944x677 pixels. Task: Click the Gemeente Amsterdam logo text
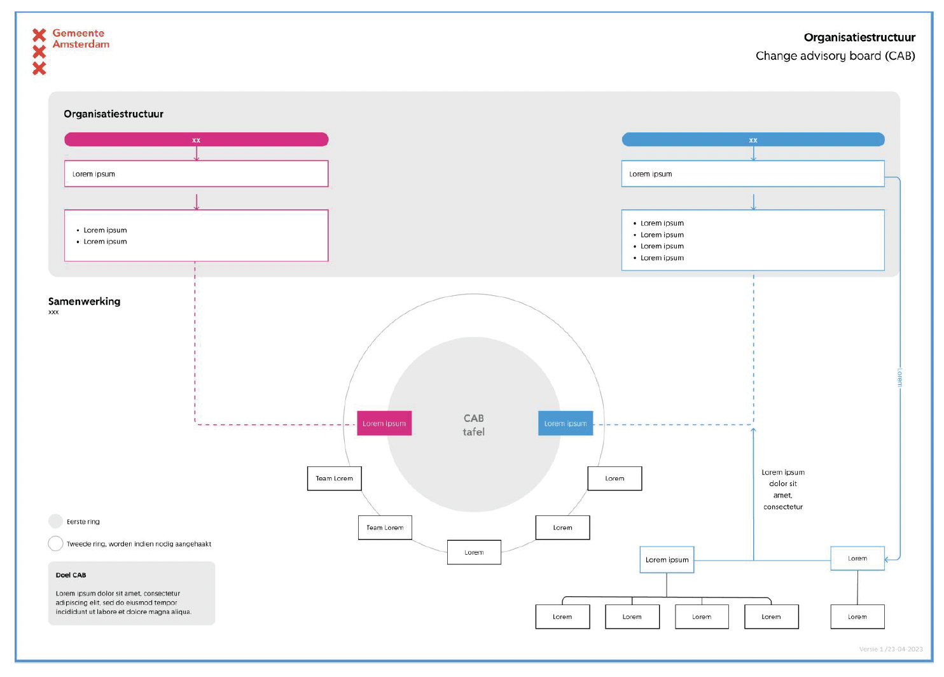[x=81, y=38]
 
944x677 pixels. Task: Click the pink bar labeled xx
[x=197, y=139]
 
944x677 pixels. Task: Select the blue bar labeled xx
[x=753, y=139]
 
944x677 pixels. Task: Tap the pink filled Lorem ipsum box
[x=384, y=423]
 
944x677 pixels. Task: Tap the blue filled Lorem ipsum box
[x=566, y=423]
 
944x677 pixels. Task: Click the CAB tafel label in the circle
[x=474, y=425]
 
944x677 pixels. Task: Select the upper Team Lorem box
[x=335, y=478]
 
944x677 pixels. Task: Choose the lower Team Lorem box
[x=385, y=527]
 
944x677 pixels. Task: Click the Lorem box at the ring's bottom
[x=474, y=552]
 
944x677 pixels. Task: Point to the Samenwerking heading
[x=84, y=302]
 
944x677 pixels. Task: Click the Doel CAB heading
[x=71, y=575]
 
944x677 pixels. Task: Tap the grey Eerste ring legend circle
[x=55, y=522]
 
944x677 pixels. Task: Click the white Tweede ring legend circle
[x=55, y=543]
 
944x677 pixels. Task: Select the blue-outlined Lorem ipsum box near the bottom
[x=667, y=560]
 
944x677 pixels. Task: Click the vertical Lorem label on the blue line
[x=899, y=378]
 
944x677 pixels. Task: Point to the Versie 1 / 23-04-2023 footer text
[x=891, y=649]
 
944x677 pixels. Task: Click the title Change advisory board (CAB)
[x=835, y=55]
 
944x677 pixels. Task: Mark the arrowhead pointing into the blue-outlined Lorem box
[x=886, y=560]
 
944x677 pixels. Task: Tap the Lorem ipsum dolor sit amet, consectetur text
[x=783, y=489]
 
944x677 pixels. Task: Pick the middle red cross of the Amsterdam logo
[x=39, y=52]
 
